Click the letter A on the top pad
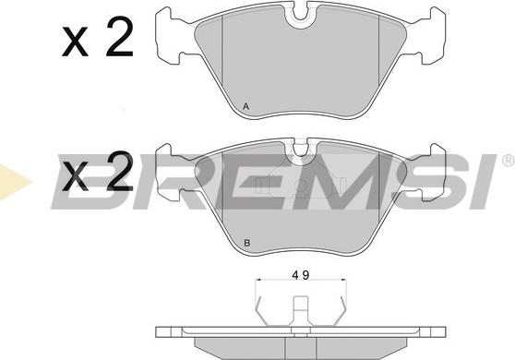(246, 106)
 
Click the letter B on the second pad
(247, 243)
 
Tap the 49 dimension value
(301, 275)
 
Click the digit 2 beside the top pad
(120, 36)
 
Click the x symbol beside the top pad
(75, 42)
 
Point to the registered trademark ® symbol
(509, 161)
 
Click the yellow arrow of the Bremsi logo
(13, 182)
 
